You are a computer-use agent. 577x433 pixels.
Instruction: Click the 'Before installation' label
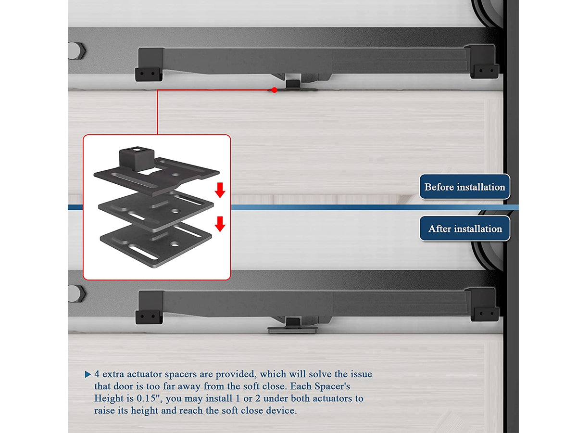click(464, 187)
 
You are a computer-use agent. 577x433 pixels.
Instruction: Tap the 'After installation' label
click(464, 229)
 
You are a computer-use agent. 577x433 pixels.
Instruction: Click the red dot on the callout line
click(274, 90)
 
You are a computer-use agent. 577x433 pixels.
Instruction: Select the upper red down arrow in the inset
click(220, 190)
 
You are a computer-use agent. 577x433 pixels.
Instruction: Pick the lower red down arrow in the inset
click(220, 224)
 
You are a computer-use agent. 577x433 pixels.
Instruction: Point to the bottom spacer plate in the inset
click(156, 244)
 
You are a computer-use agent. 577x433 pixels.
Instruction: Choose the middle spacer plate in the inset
click(156, 210)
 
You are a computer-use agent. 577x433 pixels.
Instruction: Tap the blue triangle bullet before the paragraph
click(88, 374)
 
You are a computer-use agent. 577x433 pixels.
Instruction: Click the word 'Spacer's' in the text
click(332, 386)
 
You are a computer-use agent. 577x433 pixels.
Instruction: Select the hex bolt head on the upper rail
click(76, 51)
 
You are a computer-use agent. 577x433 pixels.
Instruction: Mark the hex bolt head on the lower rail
click(76, 293)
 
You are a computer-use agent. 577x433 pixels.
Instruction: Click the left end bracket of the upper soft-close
click(149, 64)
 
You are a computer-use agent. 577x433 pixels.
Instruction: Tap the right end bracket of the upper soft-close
click(482, 62)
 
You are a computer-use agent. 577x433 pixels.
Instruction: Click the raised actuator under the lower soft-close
click(292, 326)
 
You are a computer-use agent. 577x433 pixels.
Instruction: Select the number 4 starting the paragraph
click(97, 374)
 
